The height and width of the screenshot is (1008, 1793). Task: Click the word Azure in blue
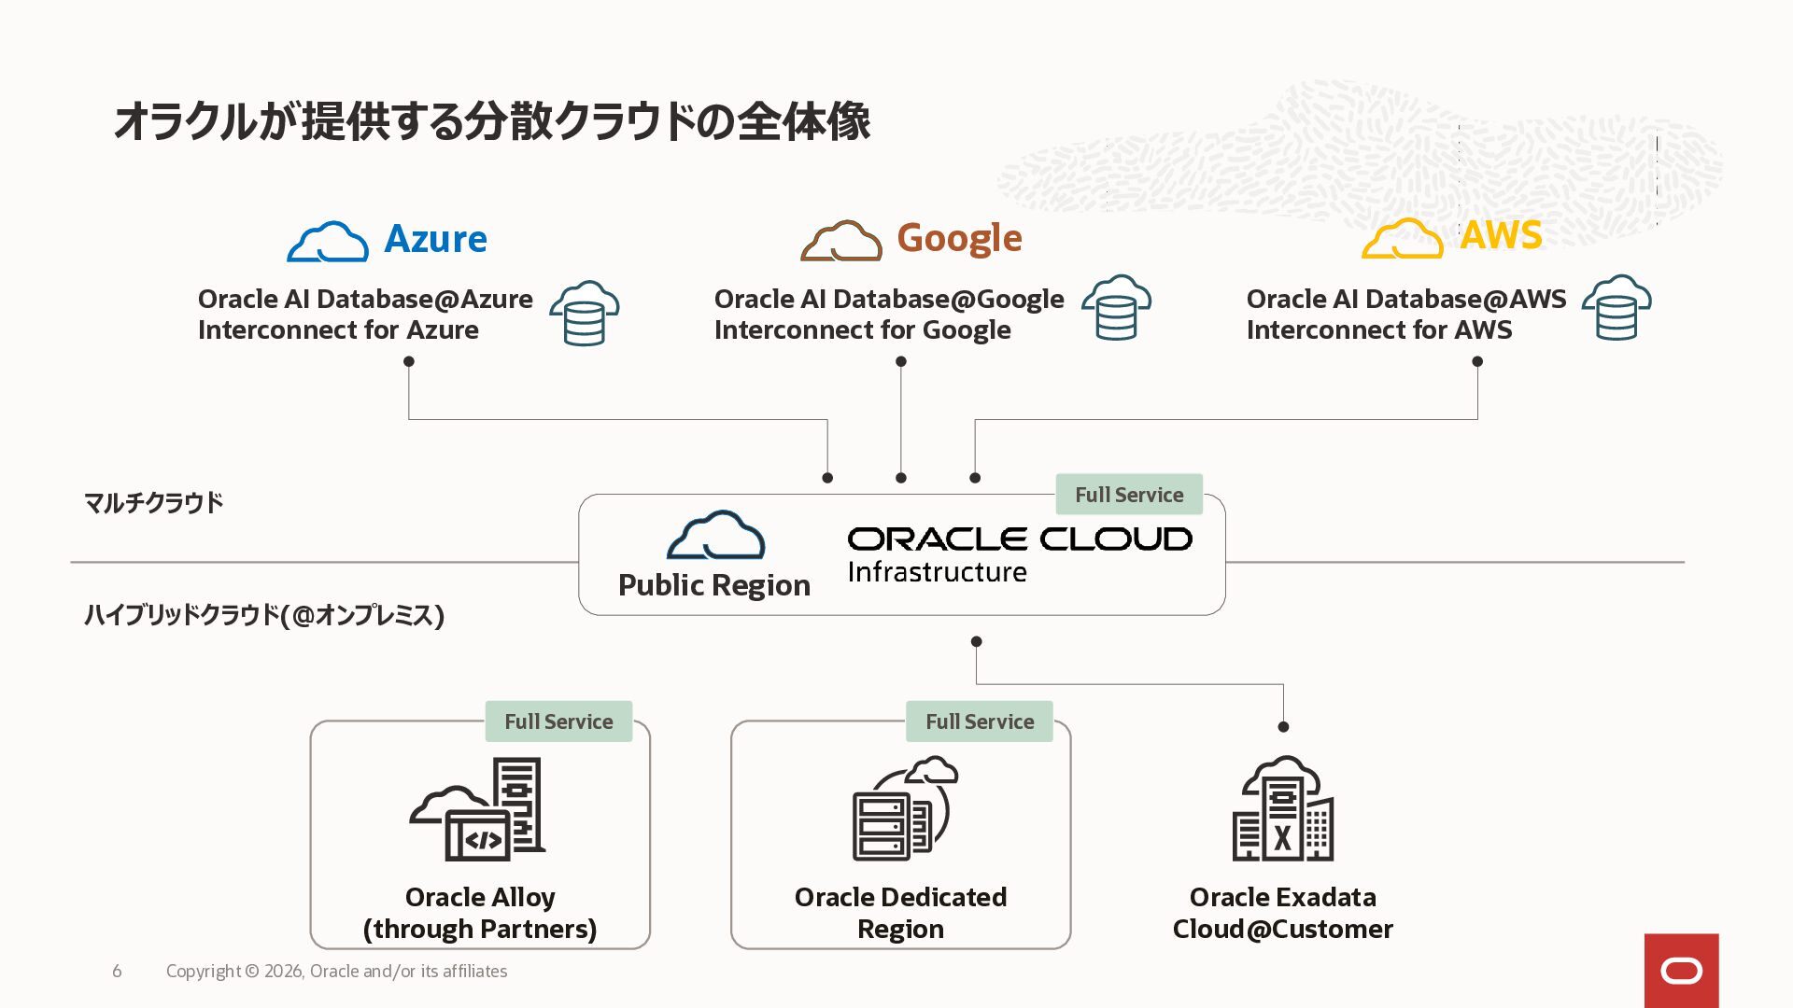435,239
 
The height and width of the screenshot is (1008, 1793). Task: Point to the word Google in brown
959,239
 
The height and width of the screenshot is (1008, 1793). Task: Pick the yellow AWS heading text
1501,235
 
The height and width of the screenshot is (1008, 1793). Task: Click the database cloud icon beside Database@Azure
585,313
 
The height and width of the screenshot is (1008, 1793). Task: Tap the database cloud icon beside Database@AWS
1617,307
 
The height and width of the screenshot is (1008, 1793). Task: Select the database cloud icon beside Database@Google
1116,307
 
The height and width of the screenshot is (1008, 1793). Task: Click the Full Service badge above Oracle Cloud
1129,495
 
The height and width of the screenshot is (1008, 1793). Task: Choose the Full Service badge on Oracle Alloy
558,721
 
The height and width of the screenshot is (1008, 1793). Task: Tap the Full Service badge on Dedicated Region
980,721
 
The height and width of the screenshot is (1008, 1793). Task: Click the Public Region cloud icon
716,536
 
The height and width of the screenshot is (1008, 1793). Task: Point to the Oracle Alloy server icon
477,808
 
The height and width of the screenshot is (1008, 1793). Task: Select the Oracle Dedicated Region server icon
905,808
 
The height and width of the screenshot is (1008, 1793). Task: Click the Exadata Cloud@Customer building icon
1283,808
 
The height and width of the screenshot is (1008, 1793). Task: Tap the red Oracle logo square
1682,971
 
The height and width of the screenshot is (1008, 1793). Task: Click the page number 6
117,972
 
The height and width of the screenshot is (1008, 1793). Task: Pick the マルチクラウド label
154,503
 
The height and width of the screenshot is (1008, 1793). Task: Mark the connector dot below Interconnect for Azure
408,361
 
